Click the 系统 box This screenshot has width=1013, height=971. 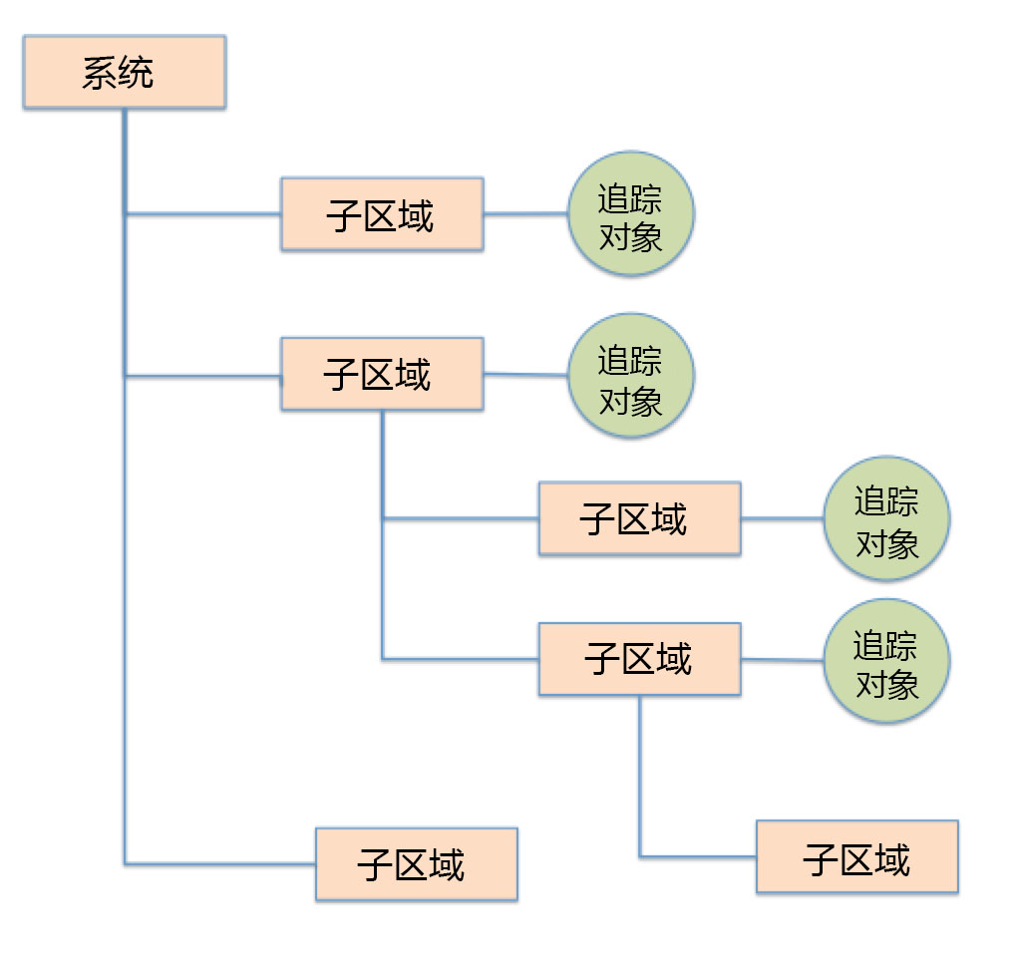point(125,72)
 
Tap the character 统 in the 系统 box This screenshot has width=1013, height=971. point(137,73)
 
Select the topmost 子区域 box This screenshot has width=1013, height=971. point(382,214)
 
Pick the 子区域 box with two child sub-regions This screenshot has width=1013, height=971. point(382,374)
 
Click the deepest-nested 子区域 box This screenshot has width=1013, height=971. point(856,856)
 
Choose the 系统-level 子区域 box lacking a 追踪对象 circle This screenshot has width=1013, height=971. point(416,863)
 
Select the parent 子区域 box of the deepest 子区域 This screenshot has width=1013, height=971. point(639,659)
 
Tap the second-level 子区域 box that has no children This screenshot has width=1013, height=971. point(639,518)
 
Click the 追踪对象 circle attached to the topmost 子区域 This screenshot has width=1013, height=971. point(630,214)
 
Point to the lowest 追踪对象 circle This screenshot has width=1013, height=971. point(886,661)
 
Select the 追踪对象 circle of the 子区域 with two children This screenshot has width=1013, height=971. point(630,377)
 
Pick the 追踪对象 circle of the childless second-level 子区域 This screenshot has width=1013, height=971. point(886,518)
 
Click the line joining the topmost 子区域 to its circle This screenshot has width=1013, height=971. point(525,213)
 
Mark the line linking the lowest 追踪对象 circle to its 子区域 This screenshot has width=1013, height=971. point(782,659)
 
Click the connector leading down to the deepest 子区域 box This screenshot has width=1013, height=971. point(640,778)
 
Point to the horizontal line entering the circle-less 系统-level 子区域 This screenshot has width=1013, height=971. point(219,863)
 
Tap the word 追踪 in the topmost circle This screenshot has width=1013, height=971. point(630,198)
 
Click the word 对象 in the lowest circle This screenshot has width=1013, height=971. point(886,684)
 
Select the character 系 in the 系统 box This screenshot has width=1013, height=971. point(100,73)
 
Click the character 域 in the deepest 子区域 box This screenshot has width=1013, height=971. point(892,857)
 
